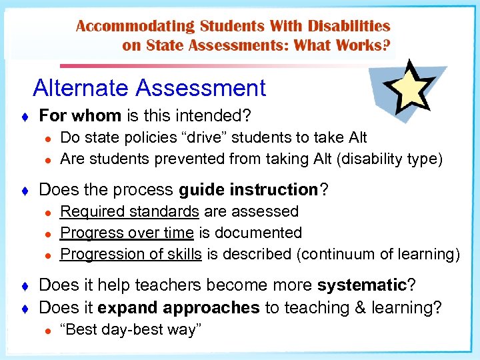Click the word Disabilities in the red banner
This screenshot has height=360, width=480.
(347, 27)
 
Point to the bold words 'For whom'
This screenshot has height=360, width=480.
(80, 116)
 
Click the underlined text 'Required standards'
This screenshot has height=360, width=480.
(129, 211)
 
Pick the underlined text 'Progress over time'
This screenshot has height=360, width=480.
(127, 233)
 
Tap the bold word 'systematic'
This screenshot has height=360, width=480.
(362, 285)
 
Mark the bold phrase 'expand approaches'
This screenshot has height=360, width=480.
(178, 307)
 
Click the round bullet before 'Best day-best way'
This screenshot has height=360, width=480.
(47, 329)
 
